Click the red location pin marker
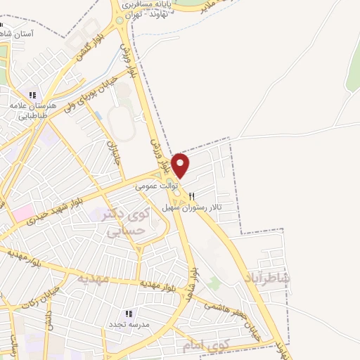(x=181, y=166)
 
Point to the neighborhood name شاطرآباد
(x=268, y=279)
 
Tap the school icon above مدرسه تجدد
(x=128, y=314)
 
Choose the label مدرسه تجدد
(x=127, y=325)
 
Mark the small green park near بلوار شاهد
(x=214, y=283)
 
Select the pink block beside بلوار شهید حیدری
(x=22, y=212)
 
